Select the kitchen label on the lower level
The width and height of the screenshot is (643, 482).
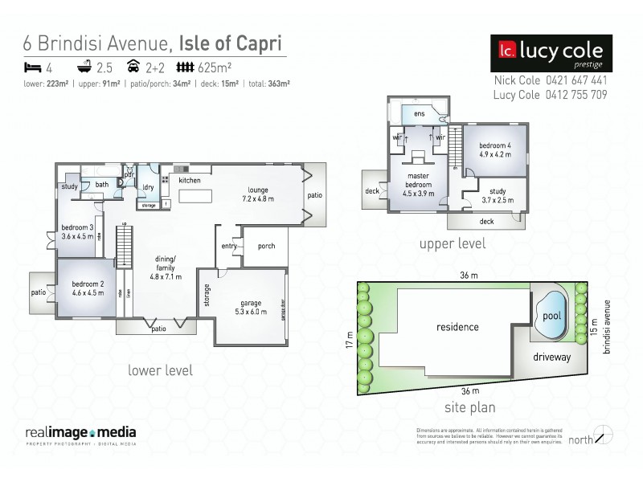(x=190, y=181)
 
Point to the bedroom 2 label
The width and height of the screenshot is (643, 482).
(x=88, y=288)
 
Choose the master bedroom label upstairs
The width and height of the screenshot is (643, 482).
(x=417, y=184)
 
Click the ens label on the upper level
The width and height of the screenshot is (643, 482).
(x=419, y=114)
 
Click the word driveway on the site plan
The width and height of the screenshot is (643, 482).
(x=551, y=356)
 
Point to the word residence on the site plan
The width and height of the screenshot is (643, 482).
(x=457, y=327)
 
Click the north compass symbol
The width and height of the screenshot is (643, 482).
(x=601, y=435)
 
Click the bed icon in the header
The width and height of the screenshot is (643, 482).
(x=31, y=67)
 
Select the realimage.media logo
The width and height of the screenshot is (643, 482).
(x=80, y=434)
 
